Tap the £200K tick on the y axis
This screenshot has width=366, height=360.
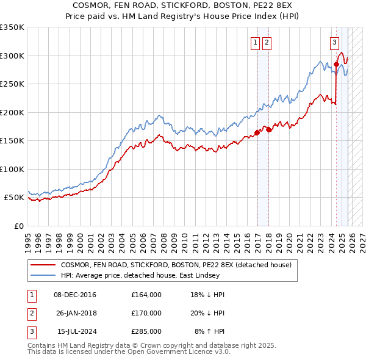point(12,112)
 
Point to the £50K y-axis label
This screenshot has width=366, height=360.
point(14,198)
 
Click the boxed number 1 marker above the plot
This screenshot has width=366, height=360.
point(254,43)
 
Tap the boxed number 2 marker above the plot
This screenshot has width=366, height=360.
point(267,43)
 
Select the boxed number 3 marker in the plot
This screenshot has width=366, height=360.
point(335,43)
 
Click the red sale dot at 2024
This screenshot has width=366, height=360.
point(336,63)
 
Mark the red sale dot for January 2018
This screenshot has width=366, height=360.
point(269,129)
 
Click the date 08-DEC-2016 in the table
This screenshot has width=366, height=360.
point(75,295)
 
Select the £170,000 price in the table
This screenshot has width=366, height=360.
point(146,313)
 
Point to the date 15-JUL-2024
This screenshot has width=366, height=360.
point(75,331)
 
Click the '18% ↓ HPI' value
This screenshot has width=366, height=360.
point(208,295)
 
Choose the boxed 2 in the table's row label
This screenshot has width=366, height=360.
point(31,313)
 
